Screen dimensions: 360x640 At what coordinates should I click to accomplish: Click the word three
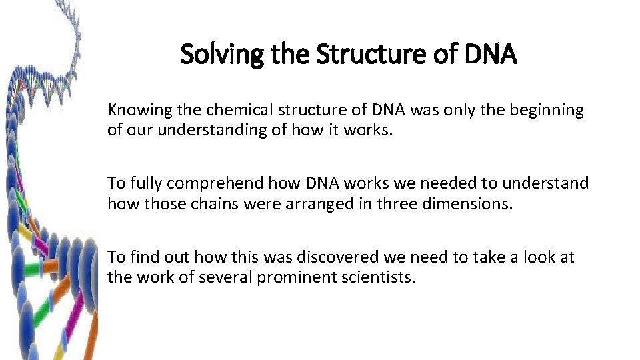[400, 203]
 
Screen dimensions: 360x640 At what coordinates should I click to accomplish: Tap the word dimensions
[470, 203]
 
